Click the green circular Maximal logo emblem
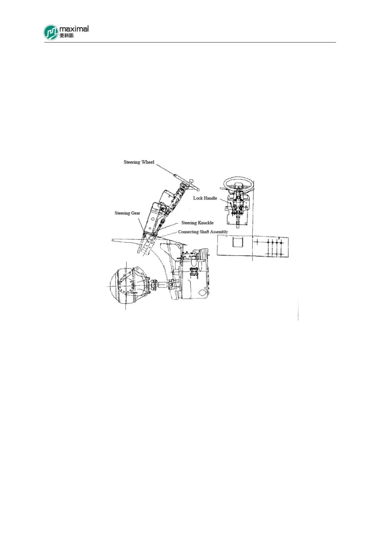[x=51, y=33]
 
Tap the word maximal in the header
[x=74, y=29]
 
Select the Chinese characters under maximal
[x=66, y=35]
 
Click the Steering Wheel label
[x=139, y=162]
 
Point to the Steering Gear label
[x=127, y=213]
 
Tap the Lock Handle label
[x=205, y=198]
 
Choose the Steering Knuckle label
[x=197, y=223]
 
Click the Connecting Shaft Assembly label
[x=203, y=232]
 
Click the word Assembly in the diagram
[x=219, y=232]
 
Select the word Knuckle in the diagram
[x=205, y=223]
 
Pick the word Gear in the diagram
[x=136, y=213]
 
